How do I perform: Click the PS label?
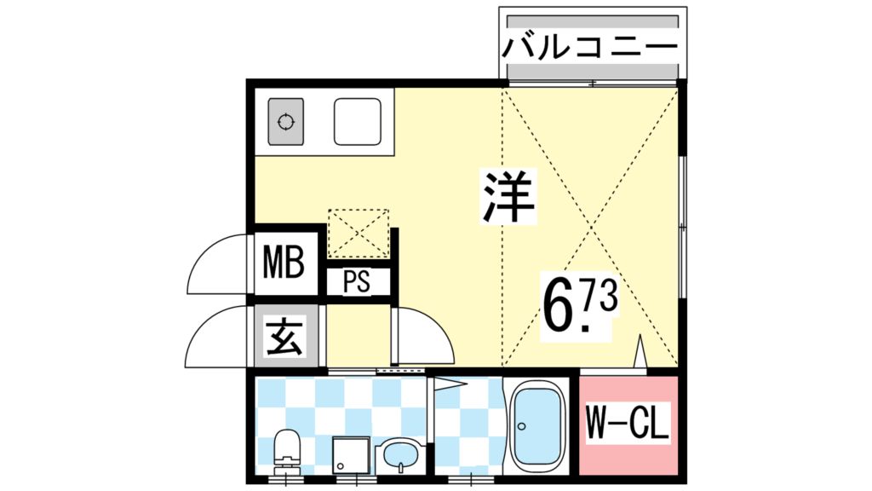click(358, 282)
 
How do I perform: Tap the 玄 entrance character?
click(283, 340)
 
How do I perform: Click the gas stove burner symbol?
click(286, 121)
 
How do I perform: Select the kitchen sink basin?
click(357, 121)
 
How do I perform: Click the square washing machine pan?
click(350, 458)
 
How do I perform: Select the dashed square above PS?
click(359, 233)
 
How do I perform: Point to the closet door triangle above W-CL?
click(641, 353)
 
